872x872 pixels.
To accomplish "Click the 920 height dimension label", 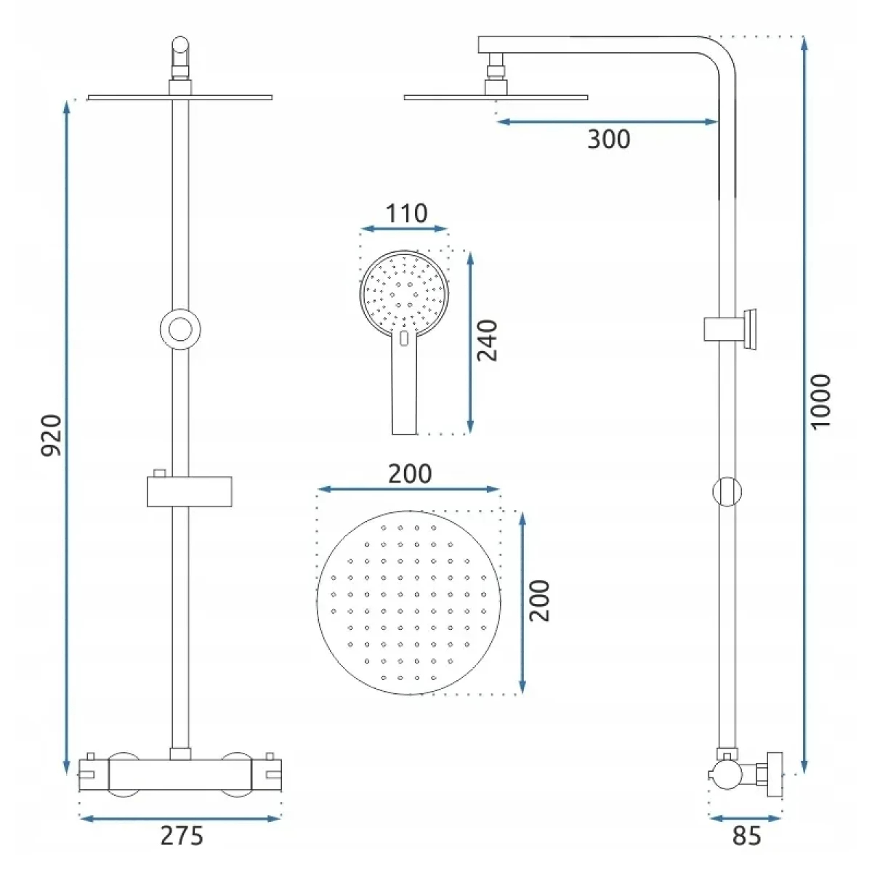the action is [51, 435].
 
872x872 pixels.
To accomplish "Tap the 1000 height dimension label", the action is [820, 401].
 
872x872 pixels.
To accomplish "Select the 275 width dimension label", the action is [182, 836].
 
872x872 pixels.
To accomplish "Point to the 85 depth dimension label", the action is [747, 836].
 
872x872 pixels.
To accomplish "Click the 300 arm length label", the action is [609, 139].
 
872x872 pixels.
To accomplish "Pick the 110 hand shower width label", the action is [406, 213].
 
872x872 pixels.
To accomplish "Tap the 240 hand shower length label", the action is [488, 340].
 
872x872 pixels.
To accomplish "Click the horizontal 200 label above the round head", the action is [410, 474].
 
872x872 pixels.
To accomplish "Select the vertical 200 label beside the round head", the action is [539, 601].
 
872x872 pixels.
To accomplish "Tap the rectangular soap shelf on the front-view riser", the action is [189, 491].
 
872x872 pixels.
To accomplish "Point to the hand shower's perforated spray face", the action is [404, 294].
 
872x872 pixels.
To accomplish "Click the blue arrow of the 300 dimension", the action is [607, 121].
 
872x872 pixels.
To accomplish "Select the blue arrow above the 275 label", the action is [180, 818].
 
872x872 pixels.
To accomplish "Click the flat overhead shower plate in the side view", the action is [496, 97].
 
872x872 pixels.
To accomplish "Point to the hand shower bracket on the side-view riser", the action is [730, 329].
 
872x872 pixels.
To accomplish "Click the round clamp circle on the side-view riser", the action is [727, 491].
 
